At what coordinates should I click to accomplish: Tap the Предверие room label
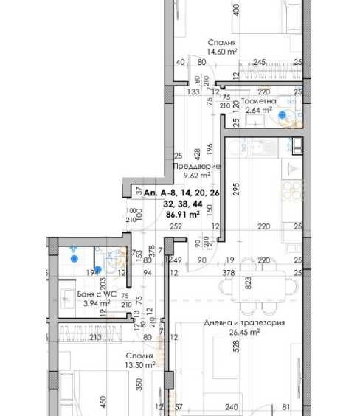[193, 167]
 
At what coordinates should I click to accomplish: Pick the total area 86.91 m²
[182, 215]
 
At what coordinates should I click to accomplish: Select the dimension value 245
[259, 63]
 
